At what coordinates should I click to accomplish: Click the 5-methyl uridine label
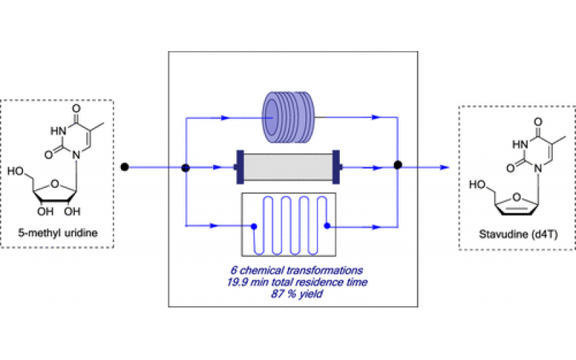[x=60, y=233]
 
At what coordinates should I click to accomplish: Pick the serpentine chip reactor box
[x=290, y=225]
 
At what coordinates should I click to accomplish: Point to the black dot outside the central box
[x=124, y=168]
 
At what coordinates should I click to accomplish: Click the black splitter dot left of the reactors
[x=185, y=168]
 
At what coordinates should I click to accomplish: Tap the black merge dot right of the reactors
[x=397, y=165]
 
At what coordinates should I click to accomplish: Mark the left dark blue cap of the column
[x=238, y=168]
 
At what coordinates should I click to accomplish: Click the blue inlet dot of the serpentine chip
[x=254, y=226]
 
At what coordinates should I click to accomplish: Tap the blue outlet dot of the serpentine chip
[x=326, y=226]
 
